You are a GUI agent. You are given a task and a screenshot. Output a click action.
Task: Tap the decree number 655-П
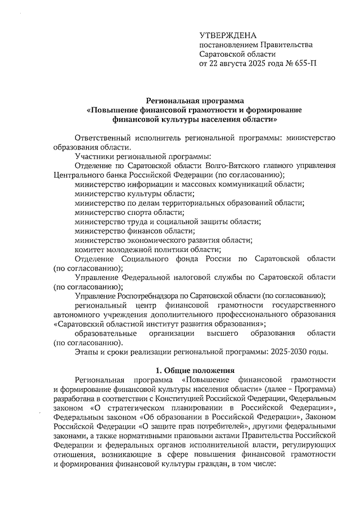coord(304,64)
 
